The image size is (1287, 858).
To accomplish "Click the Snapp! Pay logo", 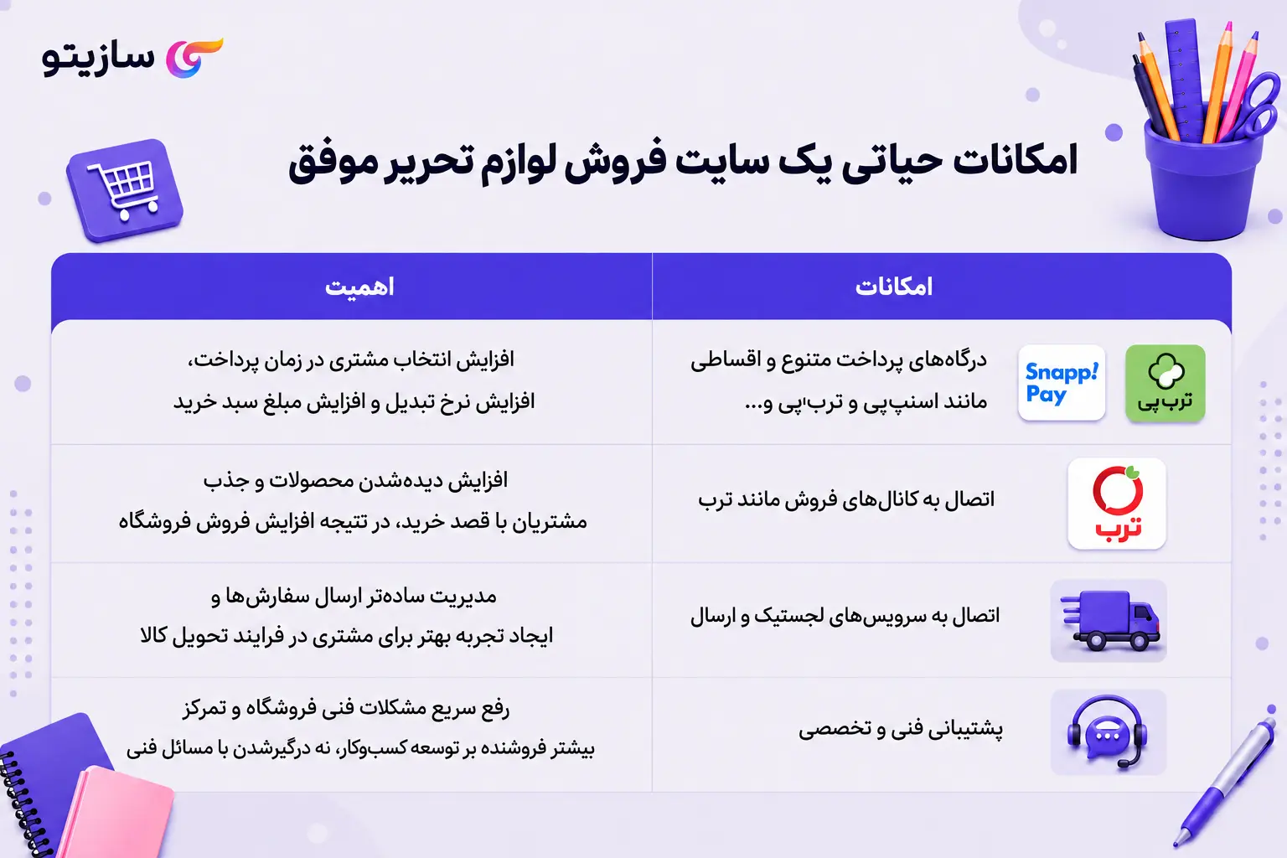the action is [1062, 383].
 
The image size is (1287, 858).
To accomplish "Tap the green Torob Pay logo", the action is [1166, 383].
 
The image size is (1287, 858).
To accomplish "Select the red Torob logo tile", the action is [1116, 504].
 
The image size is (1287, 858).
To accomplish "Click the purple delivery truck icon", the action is [1109, 621].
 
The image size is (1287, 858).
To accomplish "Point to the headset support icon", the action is [1107, 731].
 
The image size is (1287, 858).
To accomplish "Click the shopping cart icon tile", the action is [125, 189].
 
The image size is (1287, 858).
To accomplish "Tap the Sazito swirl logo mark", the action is [193, 58].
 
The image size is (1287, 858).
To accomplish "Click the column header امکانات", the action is [893, 287].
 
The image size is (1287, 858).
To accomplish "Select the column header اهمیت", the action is [359, 287].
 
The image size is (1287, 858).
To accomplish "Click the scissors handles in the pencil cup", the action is [1259, 106].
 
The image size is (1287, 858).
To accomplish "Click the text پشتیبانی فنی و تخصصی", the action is [901, 729].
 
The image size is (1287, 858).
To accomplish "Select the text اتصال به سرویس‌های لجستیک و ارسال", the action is [845, 616].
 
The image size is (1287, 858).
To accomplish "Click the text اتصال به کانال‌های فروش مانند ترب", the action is [846, 499].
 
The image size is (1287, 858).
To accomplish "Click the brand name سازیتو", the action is [98, 59].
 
